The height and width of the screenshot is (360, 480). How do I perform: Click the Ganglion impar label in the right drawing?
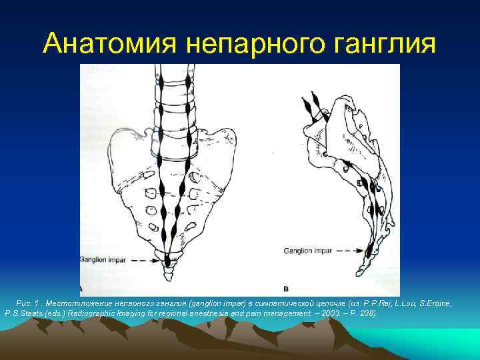(x=307, y=251)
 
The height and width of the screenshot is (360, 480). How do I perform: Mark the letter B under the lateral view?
(x=286, y=289)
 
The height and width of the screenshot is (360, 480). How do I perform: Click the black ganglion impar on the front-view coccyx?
(x=165, y=261)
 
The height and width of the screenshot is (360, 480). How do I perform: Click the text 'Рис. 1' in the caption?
(x=27, y=303)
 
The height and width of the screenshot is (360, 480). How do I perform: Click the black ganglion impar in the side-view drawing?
(x=369, y=251)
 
